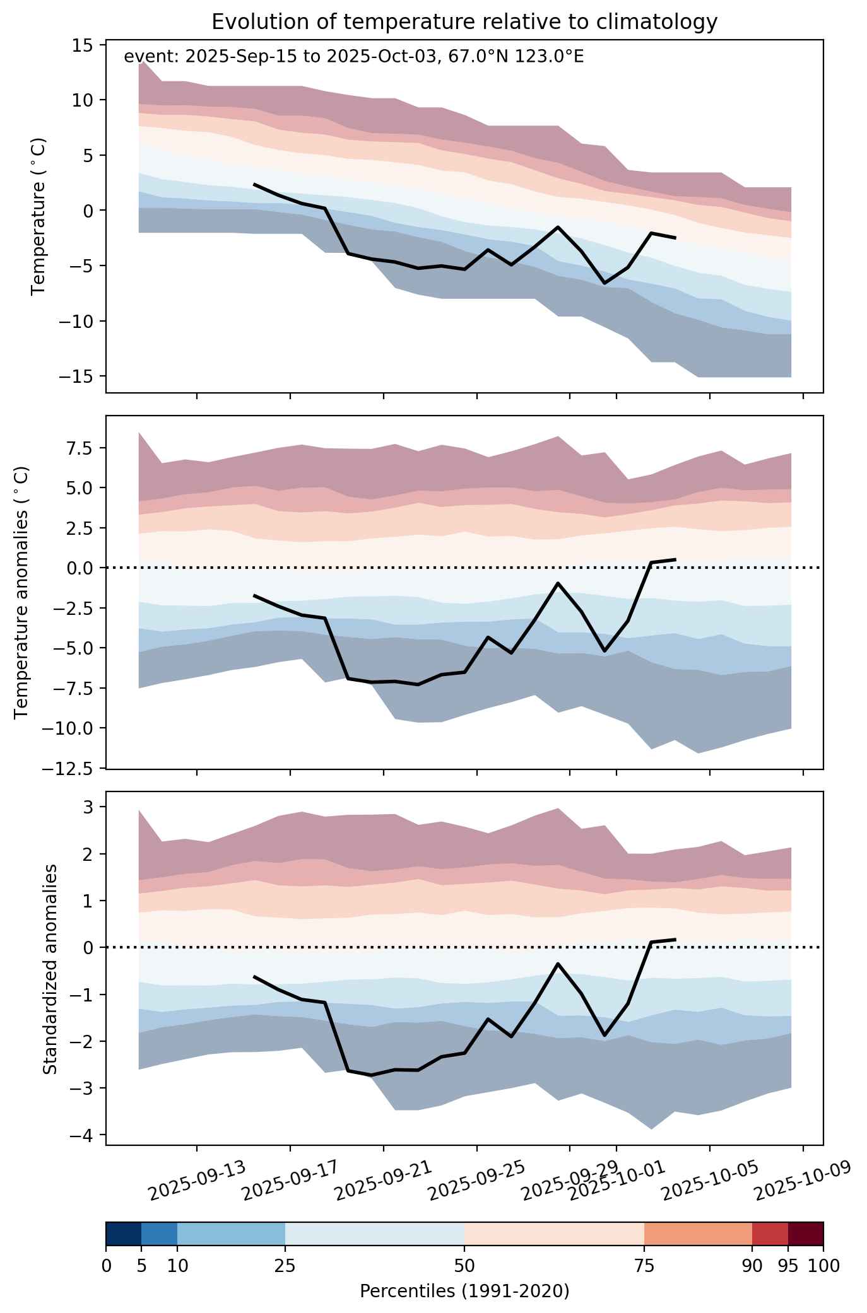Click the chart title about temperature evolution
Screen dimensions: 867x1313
tap(464, 22)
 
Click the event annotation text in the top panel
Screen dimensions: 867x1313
tap(354, 57)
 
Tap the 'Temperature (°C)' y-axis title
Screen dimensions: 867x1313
tap(38, 216)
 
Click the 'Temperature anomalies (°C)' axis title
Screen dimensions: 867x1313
tap(21, 592)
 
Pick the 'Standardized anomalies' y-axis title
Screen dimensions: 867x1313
tap(50, 967)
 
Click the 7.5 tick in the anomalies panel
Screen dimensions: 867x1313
tap(80, 448)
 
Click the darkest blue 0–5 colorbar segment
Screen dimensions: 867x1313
tap(124, 1235)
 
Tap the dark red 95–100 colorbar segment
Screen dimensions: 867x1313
tap(806, 1235)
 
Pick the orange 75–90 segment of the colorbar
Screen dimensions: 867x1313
tap(698, 1235)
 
